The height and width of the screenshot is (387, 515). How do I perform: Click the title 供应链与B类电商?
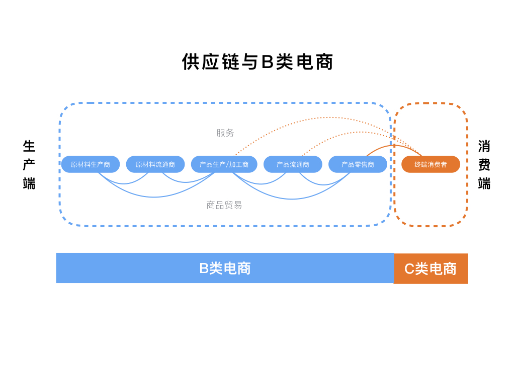pos(257,62)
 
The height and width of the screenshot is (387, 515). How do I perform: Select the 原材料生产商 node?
pos(91,164)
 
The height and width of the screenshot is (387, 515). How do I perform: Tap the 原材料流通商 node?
pos(155,164)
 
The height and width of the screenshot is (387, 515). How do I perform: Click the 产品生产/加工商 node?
pos(224,164)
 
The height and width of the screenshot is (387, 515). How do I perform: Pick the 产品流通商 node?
pos(293,164)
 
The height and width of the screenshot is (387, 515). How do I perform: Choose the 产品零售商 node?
pos(358,164)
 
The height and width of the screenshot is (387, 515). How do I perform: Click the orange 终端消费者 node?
pos(431,164)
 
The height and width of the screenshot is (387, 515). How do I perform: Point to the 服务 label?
pos(225,133)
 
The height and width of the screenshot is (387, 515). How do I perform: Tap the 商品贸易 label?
pos(224,205)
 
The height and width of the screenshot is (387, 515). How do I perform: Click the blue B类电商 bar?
pos(225,268)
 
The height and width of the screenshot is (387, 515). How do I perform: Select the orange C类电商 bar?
pos(431,269)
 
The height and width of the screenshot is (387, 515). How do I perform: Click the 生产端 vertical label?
pos(29,165)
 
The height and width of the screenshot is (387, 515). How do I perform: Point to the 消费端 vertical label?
pos(484,165)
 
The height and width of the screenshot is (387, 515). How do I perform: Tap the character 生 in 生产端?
pos(29,146)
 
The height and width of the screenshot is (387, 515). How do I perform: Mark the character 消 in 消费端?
pos(484,146)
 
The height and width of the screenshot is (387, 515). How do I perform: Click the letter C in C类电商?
pos(409,269)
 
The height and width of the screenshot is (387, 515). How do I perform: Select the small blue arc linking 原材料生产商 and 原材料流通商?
pos(123,183)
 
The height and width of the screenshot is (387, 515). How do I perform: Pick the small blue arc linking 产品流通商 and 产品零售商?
pos(324,184)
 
